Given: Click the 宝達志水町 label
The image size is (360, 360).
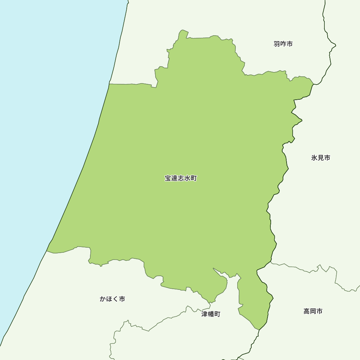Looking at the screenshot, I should [x=181, y=178].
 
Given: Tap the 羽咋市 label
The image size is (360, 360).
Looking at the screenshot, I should [x=283, y=44].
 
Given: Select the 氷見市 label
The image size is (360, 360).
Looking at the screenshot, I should [x=320, y=158].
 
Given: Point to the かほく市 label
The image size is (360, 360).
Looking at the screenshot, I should [x=112, y=299].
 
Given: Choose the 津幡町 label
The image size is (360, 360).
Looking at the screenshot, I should [x=211, y=314].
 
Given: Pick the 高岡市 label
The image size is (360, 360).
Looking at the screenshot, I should [x=313, y=311].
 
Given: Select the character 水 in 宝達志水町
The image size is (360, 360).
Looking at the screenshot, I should [x=187, y=178].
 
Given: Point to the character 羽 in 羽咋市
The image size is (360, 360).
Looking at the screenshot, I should [x=277, y=44].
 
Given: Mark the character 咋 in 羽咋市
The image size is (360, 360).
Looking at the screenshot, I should [x=283, y=44].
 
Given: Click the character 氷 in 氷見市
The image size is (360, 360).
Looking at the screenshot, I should [x=314, y=158].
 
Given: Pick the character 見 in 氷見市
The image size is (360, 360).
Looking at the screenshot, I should [x=320, y=158].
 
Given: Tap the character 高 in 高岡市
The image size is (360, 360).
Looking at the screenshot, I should [x=307, y=311].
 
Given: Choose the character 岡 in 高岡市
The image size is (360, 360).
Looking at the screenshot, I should [x=313, y=311].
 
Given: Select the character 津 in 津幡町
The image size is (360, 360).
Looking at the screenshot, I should [x=204, y=314].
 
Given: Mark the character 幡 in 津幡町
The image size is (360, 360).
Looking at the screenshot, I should [x=211, y=314].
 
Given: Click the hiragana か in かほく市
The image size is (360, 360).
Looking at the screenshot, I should [x=103, y=299].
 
